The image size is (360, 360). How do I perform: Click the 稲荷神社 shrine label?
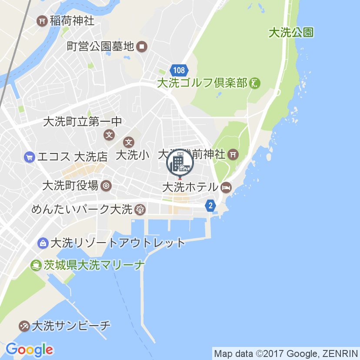[72, 20]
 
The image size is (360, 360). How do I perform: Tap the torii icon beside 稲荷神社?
[42, 20]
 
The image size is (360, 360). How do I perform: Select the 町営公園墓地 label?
[100, 46]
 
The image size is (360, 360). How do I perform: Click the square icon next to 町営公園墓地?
[142, 46]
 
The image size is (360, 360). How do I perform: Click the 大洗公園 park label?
[291, 33]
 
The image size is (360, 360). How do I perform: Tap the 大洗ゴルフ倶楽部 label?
[202, 83]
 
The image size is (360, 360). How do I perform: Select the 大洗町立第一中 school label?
[83, 122]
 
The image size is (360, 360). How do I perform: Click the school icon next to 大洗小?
[129, 142]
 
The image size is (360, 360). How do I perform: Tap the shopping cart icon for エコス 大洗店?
[30, 157]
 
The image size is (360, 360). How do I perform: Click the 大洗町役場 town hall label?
[70, 186]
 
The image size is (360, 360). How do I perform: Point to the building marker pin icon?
[180, 163]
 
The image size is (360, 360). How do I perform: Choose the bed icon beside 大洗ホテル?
[226, 188]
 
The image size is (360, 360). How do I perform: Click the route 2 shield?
[210, 205]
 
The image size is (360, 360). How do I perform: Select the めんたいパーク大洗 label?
[82, 210]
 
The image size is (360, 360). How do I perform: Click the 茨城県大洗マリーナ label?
[94, 265]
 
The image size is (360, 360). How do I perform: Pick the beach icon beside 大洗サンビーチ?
[24, 325]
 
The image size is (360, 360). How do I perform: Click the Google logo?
[30, 349]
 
